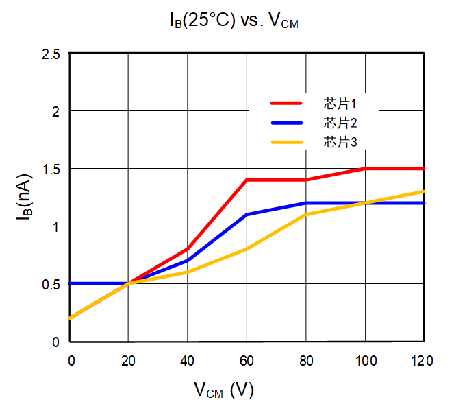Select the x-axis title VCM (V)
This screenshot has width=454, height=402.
223,390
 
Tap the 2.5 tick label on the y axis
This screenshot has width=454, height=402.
51,54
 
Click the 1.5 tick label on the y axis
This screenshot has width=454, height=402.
51,169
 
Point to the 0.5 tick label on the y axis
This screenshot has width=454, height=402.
51,284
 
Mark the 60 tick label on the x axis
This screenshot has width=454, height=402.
247,360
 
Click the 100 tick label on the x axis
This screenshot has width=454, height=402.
365,360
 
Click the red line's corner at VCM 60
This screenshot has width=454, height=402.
247,180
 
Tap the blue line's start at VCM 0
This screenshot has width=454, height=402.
71,283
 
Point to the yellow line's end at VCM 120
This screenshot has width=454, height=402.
424,191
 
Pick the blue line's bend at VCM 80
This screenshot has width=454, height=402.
306,203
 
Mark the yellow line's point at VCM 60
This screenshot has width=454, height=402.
247,249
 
